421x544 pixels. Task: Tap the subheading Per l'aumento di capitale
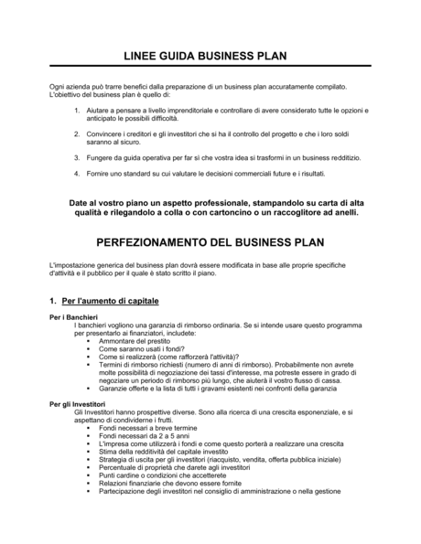coord(105,301)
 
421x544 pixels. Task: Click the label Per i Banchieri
coord(73,317)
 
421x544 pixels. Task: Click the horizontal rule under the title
coord(210,67)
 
